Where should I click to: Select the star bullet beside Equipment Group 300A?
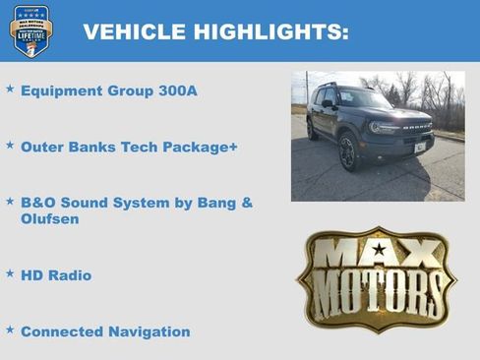click(10, 90)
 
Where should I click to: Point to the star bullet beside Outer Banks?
click(10, 145)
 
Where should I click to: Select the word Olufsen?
click(50, 219)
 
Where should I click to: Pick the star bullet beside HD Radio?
click(10, 273)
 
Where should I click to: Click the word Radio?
click(70, 275)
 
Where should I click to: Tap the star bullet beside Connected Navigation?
click(10, 330)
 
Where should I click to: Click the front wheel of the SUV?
click(346, 152)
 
